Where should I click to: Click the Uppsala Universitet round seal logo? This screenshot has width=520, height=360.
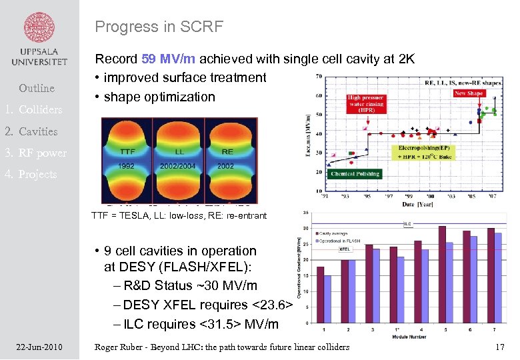point(39,27)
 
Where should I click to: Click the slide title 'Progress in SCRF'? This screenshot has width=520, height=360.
point(159,27)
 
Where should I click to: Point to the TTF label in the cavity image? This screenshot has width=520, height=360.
point(127,152)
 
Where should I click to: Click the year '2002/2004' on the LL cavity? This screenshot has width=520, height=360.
point(177,165)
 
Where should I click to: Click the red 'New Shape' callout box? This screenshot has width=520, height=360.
point(469,94)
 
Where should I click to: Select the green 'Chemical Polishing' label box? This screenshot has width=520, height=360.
point(355,174)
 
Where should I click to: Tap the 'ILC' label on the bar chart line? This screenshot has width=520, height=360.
point(406,225)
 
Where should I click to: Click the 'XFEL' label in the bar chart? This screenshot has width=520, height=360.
point(345,249)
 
